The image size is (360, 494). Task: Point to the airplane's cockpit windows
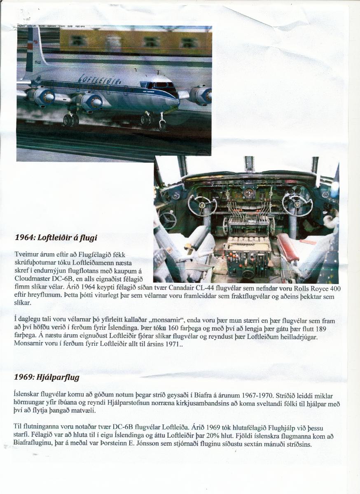click(163, 85)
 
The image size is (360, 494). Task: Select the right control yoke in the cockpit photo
click(297, 203)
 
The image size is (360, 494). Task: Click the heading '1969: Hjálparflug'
click(47, 377)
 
